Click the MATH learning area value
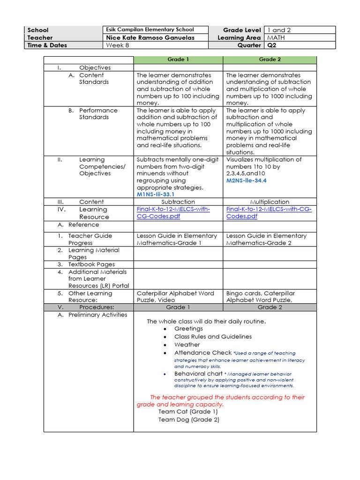pos(276,37)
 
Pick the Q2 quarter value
pos(272,45)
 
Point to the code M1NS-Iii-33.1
pos(156,194)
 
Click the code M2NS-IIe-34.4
pos(247,180)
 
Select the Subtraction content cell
pos(178,202)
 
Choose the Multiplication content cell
pos(270,202)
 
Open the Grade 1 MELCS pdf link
pos(173,213)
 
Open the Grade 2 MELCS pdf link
pos(269,213)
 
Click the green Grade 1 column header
pos(178,60)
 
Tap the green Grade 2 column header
pos(270,60)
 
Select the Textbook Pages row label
pos(91,264)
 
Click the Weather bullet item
pos(187,345)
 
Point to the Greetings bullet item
pos(188,329)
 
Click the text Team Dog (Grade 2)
pos(188,420)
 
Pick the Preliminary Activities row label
pos(97,315)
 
